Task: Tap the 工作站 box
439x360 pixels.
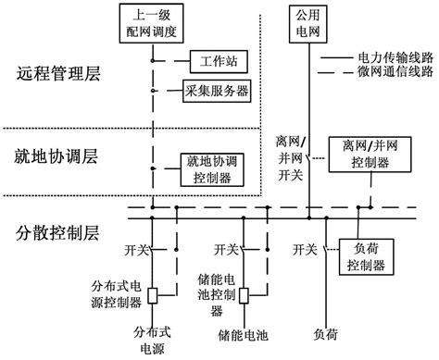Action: click(217, 63)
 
